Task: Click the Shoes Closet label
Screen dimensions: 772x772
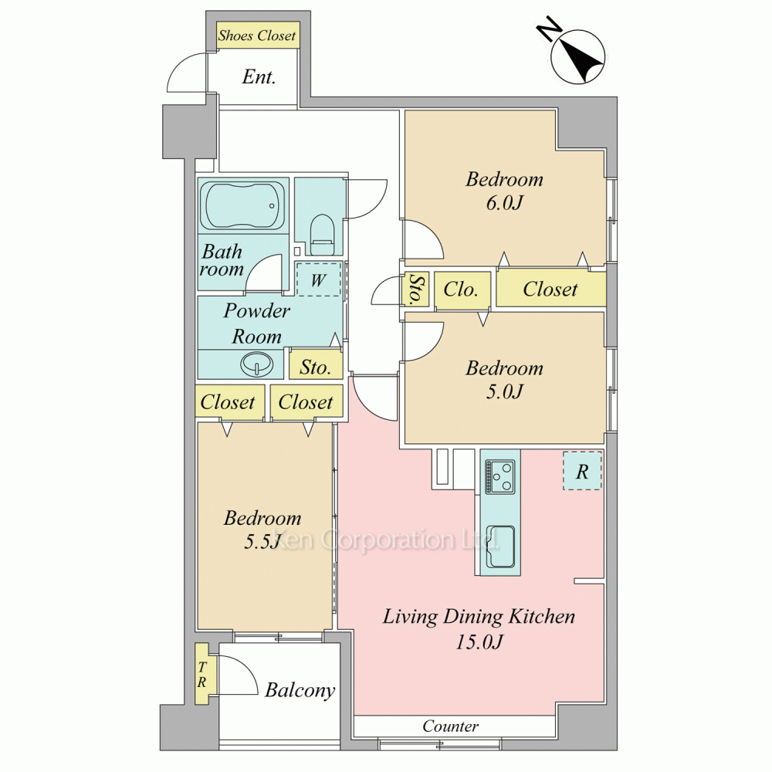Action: tap(257, 36)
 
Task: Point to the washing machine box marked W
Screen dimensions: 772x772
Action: tap(319, 279)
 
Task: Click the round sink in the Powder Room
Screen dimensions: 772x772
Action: tap(256, 364)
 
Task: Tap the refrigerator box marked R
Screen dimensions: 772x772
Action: tap(582, 471)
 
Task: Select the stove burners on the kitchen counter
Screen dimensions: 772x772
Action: tap(500, 476)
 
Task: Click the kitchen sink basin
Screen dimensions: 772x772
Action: tap(500, 547)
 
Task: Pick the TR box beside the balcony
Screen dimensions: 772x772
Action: tap(201, 674)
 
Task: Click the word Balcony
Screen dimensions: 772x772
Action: tap(300, 690)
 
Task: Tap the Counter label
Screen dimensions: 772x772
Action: tap(451, 726)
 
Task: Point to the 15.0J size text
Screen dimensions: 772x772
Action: tap(479, 642)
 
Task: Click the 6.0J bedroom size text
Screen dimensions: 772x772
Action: tap(504, 203)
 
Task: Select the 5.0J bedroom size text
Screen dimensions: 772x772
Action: tap(504, 391)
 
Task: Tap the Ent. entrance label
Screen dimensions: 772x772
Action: tap(259, 76)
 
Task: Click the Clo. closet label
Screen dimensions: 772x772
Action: tap(461, 289)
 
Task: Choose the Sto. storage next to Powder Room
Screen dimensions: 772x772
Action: tap(315, 367)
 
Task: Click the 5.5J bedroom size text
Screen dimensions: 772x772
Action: tap(262, 542)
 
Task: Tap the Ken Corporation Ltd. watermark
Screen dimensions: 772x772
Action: tap(387, 540)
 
